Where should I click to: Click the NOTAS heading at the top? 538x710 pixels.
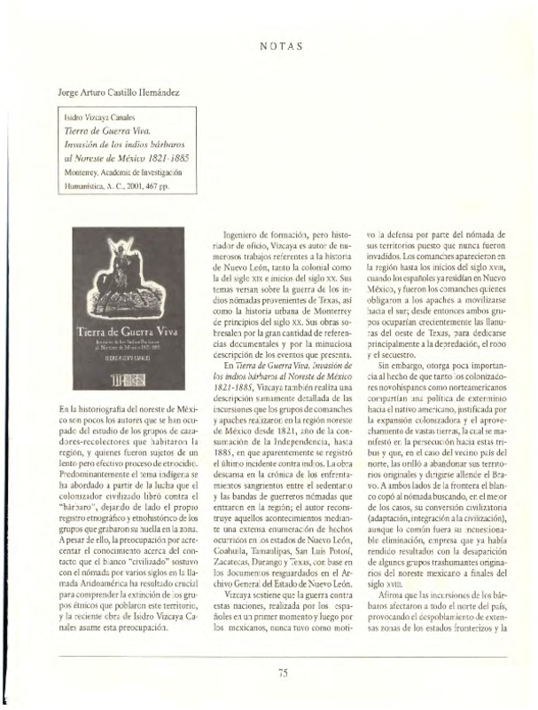click(x=283, y=43)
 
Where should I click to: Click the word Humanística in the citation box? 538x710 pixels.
click(x=90, y=185)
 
